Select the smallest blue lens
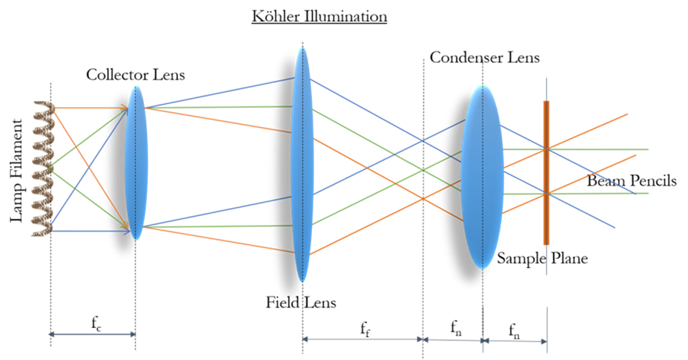tap(136, 162)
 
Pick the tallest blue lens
tap(302, 164)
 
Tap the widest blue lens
tap(482, 176)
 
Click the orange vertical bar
tap(546, 173)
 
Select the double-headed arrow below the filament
tap(92, 334)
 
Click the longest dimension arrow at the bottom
tap(363, 339)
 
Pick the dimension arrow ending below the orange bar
tap(515, 341)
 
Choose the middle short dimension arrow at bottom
tap(452, 340)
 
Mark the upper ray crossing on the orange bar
tap(546, 149)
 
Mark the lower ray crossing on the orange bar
tap(546, 193)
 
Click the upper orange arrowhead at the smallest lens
tap(124, 108)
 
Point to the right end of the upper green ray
tap(648, 150)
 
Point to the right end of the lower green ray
tap(648, 193)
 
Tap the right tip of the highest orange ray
tap(628, 114)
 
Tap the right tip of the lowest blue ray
tap(615, 228)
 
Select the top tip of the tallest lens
tap(302, 47)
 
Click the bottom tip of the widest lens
tap(482, 268)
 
